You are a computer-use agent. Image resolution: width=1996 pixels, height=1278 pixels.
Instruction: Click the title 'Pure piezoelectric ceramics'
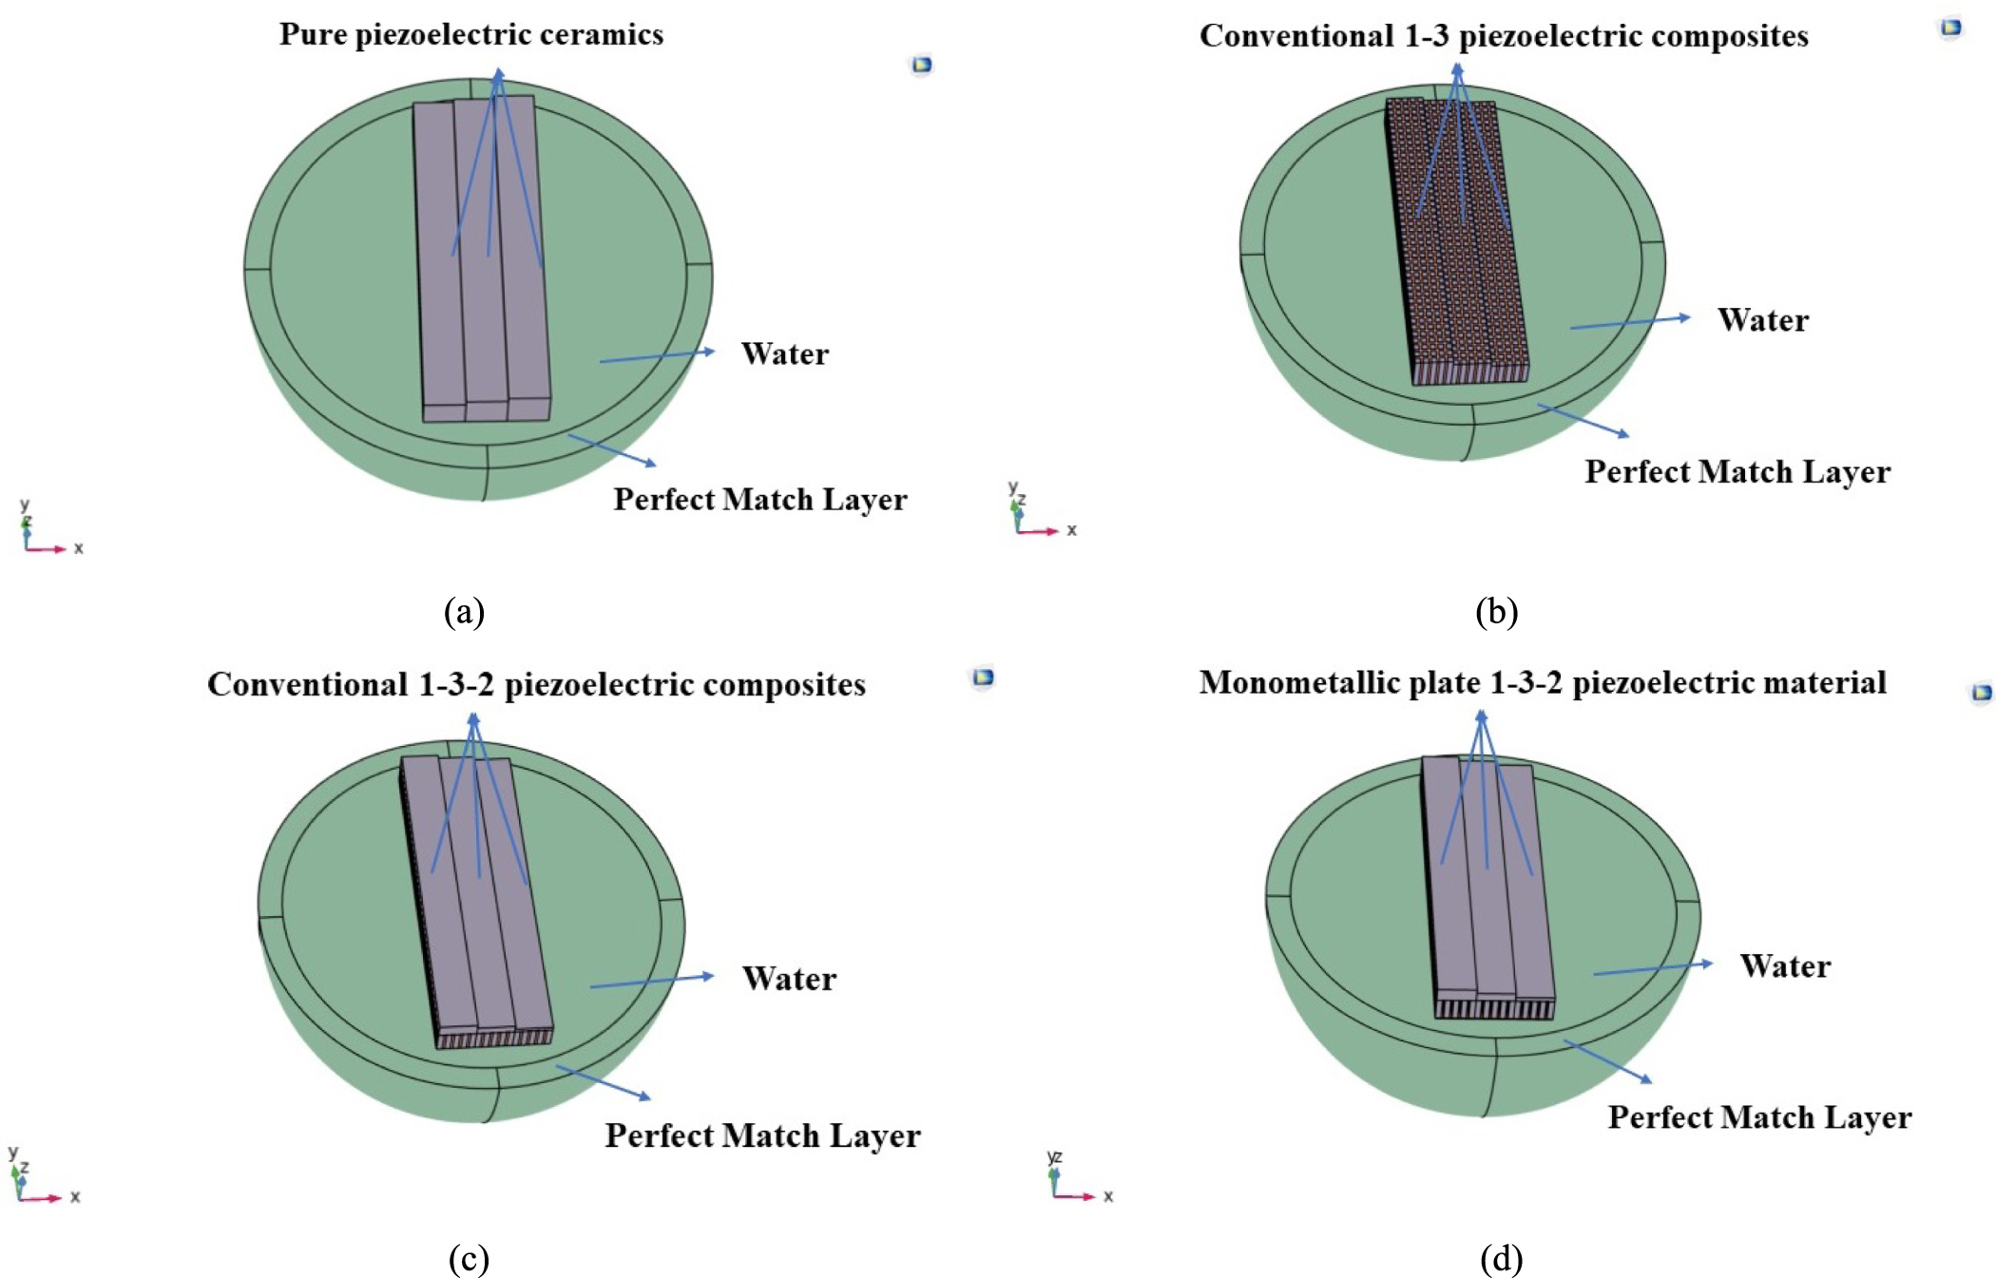470,34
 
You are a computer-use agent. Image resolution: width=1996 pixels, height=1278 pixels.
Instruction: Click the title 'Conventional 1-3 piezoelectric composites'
1503,36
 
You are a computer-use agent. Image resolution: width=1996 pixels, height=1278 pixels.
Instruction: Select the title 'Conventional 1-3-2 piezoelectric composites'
536,684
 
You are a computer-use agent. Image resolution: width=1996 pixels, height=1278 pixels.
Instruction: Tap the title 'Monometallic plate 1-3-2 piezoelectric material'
1542,682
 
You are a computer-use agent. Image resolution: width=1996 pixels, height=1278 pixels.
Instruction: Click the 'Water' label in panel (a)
784,353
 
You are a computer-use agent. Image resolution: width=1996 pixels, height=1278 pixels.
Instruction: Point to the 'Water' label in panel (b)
1762,320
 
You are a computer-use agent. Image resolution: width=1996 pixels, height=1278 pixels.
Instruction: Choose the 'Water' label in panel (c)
789,979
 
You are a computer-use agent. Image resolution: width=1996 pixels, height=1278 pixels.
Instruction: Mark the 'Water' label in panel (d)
1784,966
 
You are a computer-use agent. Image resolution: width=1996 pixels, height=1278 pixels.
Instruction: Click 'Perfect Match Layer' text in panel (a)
759,499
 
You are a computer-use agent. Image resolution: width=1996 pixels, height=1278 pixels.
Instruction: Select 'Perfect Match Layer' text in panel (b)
1737,471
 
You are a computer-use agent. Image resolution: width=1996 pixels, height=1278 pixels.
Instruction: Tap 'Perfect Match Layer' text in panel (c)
762,1135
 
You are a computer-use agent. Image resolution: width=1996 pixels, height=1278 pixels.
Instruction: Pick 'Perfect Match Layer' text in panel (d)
1758,1117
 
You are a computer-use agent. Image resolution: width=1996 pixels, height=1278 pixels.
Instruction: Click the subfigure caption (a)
464,611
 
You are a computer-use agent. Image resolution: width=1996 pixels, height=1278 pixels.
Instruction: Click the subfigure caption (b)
1496,611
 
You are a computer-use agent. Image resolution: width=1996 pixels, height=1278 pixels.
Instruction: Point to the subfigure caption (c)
468,1258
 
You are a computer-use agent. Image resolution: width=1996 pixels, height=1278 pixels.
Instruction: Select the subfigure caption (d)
1501,1258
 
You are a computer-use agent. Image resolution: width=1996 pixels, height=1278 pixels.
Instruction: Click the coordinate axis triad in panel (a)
43,534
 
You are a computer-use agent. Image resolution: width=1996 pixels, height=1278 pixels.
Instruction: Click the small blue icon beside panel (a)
921,66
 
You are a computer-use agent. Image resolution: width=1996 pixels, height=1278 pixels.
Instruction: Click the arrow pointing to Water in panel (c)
651,982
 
